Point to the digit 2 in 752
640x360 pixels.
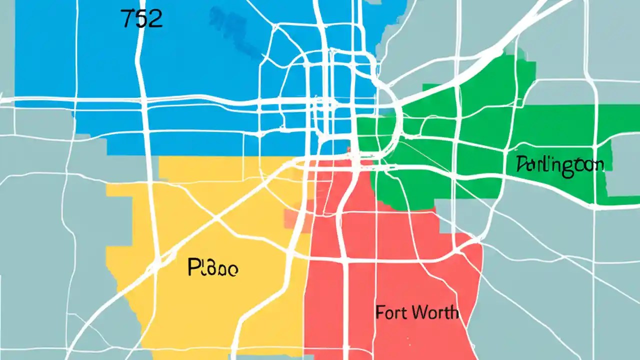pos(155,18)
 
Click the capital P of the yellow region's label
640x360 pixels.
pos(193,268)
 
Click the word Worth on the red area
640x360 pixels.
pos(434,313)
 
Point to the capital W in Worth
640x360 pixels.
pos(418,313)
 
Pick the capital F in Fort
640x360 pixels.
pos(379,313)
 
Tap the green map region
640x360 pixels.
pos(480,125)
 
